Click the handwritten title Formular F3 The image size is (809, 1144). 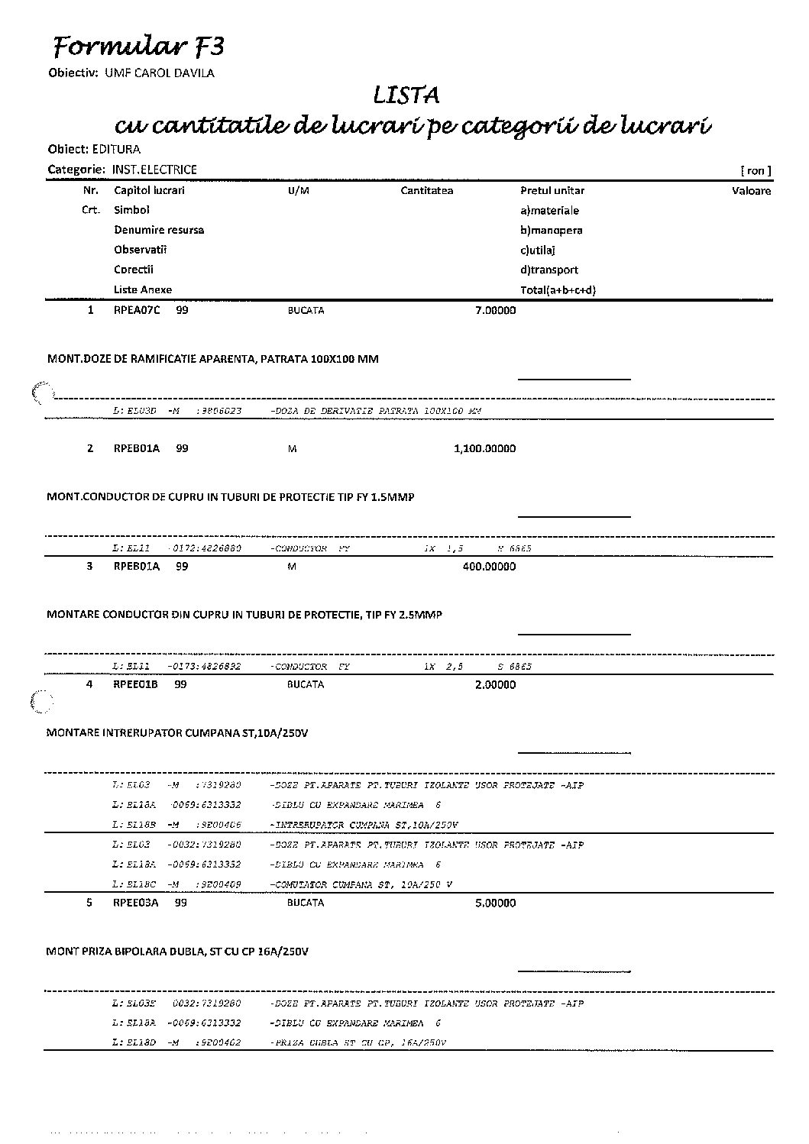[x=138, y=47]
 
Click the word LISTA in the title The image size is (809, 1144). [x=406, y=96]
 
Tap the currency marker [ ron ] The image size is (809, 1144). [x=755, y=170]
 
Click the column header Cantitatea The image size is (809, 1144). [x=426, y=190]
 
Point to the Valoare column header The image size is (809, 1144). [x=751, y=190]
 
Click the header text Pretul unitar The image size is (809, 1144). [x=552, y=190]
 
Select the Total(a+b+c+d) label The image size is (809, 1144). [x=558, y=289]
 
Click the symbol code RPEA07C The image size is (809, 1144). [x=137, y=310]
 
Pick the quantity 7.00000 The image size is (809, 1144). [x=495, y=310]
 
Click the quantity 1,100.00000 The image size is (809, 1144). [x=484, y=448]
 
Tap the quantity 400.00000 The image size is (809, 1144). [x=489, y=566]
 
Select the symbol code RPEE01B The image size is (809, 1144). [x=136, y=684]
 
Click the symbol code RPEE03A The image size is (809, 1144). [x=136, y=903]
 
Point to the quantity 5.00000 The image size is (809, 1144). [x=495, y=903]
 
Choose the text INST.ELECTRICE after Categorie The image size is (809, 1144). [x=154, y=170]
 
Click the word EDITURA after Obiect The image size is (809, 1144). [x=116, y=149]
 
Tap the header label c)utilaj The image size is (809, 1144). [x=538, y=250]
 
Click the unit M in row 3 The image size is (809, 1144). [x=291, y=567]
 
